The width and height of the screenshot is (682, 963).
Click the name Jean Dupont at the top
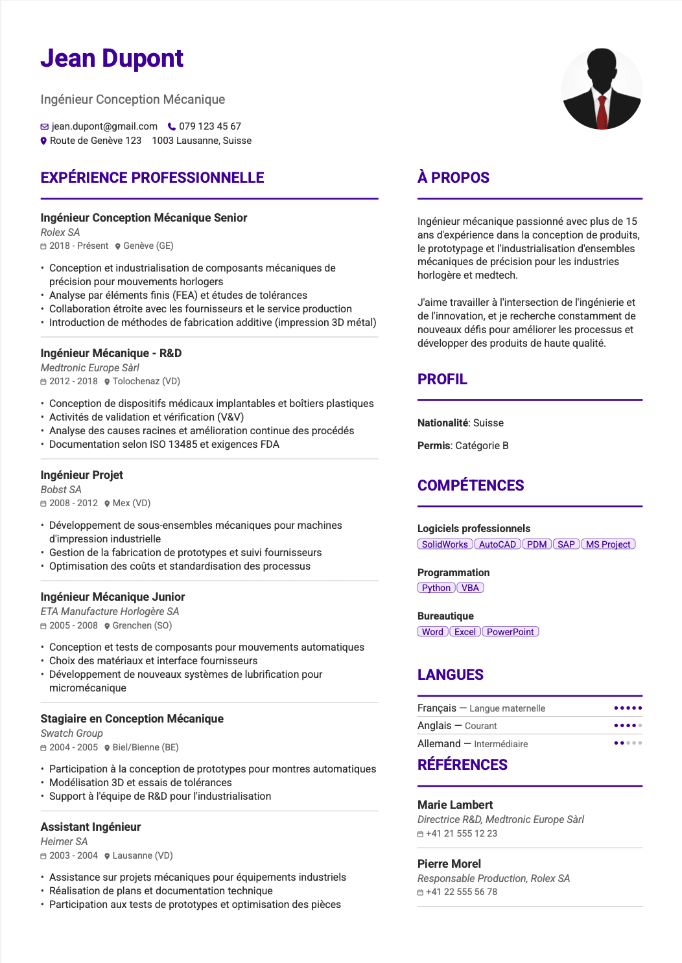[112, 58]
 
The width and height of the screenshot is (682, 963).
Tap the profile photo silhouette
[602, 89]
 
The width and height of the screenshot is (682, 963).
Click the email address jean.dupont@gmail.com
[104, 126]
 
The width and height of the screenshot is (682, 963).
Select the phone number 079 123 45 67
[210, 126]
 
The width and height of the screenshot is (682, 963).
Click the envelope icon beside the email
[45, 127]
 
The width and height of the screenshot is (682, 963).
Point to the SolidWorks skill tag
[445, 544]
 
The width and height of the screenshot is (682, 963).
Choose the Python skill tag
[436, 588]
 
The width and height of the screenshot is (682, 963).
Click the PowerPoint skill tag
[510, 632]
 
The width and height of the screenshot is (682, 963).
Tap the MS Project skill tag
[608, 544]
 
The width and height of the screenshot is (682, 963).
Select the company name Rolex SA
[60, 232]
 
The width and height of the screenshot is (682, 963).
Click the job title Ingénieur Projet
[82, 475]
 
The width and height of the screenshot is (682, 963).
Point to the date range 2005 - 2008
[73, 625]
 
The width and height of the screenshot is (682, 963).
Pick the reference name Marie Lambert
[455, 805]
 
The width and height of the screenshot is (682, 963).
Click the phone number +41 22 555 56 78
[462, 892]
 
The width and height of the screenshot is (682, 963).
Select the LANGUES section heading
[451, 675]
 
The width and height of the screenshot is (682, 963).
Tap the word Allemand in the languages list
[439, 744]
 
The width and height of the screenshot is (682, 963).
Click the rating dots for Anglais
[628, 726]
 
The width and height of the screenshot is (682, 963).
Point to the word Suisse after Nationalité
[488, 423]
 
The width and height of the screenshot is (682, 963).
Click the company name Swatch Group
[71, 733]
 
